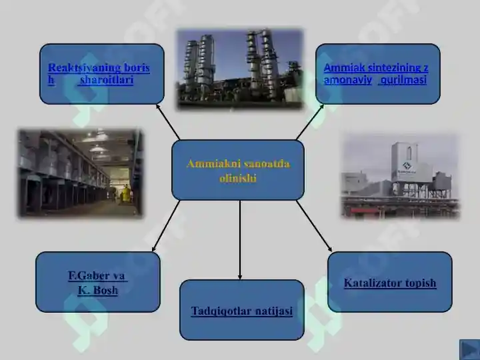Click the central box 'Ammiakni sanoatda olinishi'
(x=238, y=171)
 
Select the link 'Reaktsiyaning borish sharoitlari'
(x=99, y=73)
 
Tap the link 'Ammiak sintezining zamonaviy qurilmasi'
(x=376, y=73)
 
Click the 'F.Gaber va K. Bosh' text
(x=97, y=283)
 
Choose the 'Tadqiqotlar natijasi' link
(x=241, y=311)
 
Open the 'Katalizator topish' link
(x=390, y=283)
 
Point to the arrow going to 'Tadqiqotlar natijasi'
(x=240, y=240)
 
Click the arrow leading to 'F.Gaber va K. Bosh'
(x=167, y=227)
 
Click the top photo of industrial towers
(x=239, y=68)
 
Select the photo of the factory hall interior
(x=80, y=173)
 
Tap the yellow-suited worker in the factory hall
(x=125, y=195)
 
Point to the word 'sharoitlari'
(x=107, y=80)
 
